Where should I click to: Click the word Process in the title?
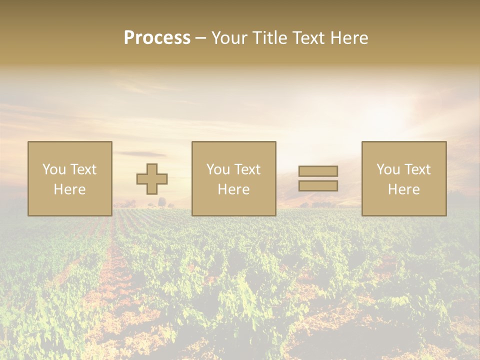point(157,38)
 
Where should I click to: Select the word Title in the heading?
point(269,38)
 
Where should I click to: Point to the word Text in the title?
point(308,38)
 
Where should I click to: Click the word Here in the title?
point(349,38)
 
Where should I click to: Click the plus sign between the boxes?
point(152,179)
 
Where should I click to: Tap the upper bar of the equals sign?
point(318,171)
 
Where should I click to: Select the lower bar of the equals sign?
point(318,185)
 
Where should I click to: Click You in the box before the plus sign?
point(54,169)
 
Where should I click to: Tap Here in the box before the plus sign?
point(69,189)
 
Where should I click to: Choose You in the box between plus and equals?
point(218,169)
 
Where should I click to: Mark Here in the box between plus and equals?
point(233,189)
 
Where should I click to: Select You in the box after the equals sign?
point(388,169)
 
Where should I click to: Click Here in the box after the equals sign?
point(403,189)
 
